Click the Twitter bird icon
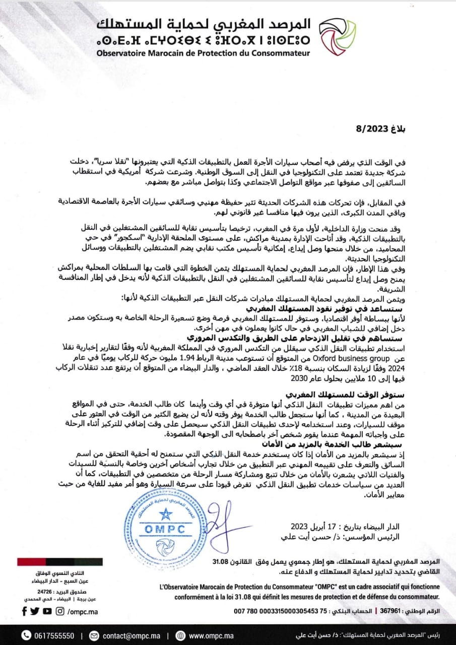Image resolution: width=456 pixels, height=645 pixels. pyautogui.click(x=35, y=611)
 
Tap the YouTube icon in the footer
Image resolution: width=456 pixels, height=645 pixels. pyautogui.click(x=47, y=611)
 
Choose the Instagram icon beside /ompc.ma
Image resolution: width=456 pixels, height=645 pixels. pyautogui.click(x=60, y=611)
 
